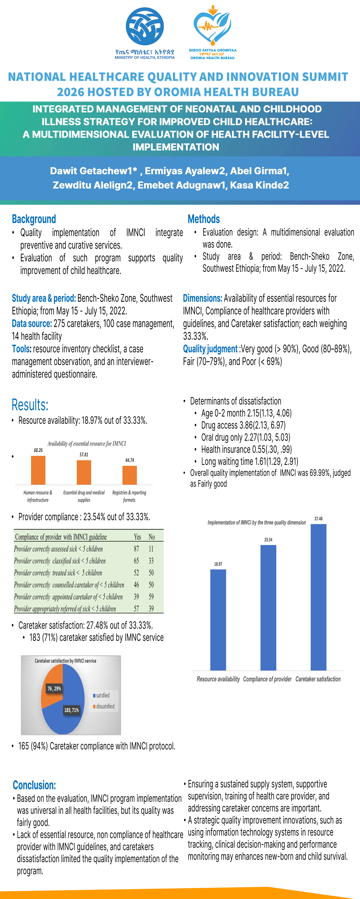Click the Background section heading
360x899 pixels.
(x=34, y=219)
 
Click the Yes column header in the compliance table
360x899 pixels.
(x=137, y=537)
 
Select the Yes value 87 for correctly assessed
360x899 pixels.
(x=137, y=549)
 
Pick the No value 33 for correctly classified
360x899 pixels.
(x=151, y=561)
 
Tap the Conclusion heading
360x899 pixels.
(x=34, y=785)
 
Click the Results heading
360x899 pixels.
(x=30, y=405)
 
